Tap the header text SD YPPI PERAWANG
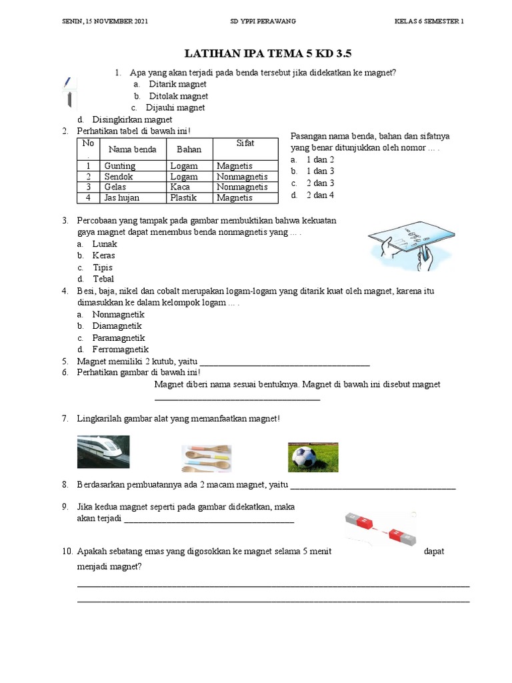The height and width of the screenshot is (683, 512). pos(263,21)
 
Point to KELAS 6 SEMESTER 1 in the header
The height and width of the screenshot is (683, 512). pos(429,21)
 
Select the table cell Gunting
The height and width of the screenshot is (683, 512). pos(120,166)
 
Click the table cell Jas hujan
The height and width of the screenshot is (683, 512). pos(123,198)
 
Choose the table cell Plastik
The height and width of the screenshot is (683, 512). pos(184,198)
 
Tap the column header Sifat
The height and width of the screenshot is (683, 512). pos(245,143)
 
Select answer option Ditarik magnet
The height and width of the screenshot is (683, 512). pos(177,85)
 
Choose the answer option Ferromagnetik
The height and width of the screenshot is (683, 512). pos(120,350)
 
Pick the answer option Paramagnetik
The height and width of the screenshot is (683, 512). pos(119,338)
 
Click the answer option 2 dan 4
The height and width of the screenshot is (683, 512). pos(320,195)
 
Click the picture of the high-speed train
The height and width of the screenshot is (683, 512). pos(103,452)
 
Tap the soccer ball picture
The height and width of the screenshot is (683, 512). pos(313,458)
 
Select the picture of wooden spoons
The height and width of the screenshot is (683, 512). pos(207,459)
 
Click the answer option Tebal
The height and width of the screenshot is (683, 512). pos(103,279)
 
